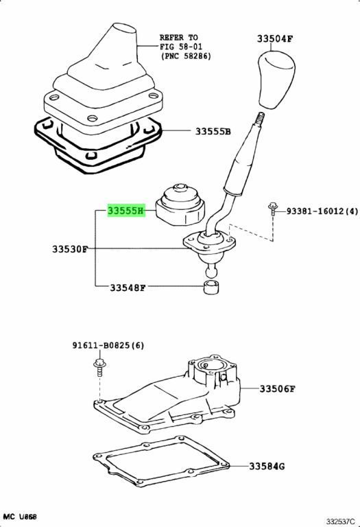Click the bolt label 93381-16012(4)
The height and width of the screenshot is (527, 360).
click(x=322, y=211)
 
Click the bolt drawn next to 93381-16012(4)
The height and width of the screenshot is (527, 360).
click(x=273, y=209)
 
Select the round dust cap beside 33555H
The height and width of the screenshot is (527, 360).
click(x=180, y=205)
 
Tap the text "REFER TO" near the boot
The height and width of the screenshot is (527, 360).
click(x=178, y=38)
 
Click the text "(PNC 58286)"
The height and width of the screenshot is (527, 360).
click(x=186, y=56)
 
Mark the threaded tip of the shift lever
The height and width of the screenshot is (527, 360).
click(x=262, y=119)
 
